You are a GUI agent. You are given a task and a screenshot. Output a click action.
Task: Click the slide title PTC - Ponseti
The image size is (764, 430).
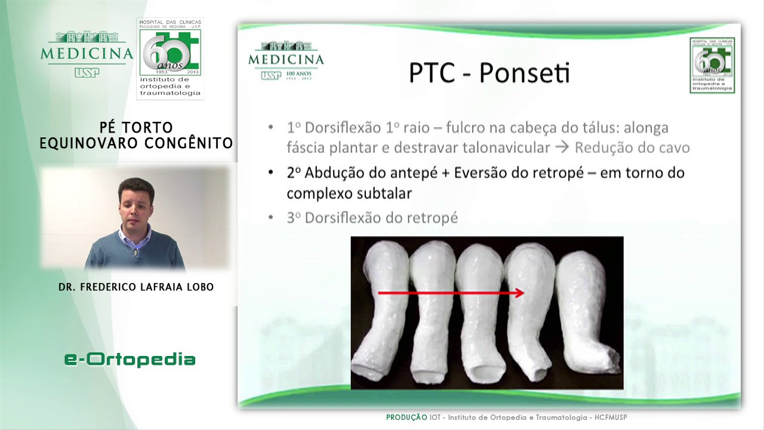coord(489,73)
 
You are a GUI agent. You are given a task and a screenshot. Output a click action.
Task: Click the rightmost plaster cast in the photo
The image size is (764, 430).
coord(588,311)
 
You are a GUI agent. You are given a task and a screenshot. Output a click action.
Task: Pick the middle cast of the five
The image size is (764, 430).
coord(480,311)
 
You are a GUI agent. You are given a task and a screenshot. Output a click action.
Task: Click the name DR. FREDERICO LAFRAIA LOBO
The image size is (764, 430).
coord(136,287)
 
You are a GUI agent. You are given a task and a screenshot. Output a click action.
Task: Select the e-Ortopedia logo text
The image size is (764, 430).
coord(130,359)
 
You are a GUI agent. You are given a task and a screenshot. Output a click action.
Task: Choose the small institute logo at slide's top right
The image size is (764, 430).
coord(712,64)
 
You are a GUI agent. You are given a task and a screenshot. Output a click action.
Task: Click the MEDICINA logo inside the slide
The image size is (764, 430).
coord(286,60)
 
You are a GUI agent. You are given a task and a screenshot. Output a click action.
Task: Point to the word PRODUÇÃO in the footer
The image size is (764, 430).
coord(406,417)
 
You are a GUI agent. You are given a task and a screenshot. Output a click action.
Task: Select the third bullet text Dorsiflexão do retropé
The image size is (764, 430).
coord(381,218)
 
